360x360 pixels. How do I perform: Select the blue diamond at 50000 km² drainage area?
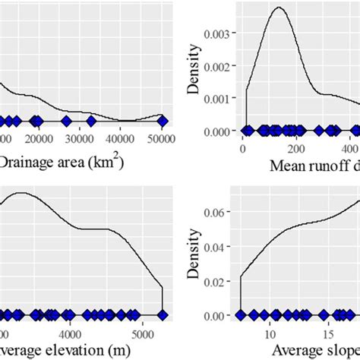tap(161, 121)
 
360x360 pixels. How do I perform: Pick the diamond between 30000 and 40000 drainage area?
tap(91, 121)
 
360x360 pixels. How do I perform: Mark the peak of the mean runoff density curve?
tap(278, 8)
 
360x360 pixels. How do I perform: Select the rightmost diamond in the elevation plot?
tap(161, 314)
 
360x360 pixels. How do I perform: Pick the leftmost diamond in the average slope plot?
tap(242, 314)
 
